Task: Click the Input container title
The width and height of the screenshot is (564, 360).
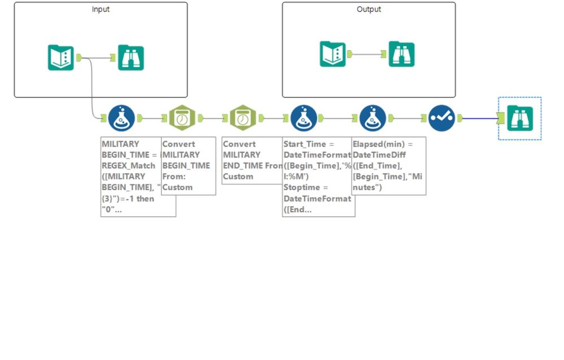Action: point(100,10)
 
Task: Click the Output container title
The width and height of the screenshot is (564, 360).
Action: point(369,10)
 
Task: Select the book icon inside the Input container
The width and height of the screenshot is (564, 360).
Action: point(61,58)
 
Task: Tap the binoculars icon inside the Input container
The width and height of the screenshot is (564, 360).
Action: point(131,58)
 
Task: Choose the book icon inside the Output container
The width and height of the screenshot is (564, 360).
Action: point(333,54)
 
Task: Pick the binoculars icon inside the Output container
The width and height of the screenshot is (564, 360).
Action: point(401,54)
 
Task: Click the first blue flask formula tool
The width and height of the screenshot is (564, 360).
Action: point(121,118)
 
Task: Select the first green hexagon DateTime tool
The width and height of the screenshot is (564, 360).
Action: point(182,118)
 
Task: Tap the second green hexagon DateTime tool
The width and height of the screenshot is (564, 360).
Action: point(243,118)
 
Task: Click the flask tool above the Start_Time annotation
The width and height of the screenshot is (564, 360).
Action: point(303,118)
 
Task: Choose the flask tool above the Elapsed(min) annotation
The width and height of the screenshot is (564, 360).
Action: point(373,118)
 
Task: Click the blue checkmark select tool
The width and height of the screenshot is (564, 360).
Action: point(441,118)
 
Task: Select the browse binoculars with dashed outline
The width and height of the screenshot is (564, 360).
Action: point(519,118)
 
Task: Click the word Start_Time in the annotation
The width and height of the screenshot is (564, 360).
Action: point(305,144)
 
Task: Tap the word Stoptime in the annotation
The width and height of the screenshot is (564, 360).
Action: point(302,187)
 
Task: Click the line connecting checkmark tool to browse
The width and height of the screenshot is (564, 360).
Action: point(480,118)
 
